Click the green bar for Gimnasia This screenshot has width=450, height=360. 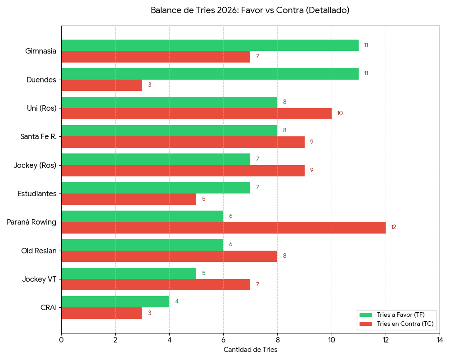tap(210, 45)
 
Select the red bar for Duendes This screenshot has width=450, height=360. tap(102, 85)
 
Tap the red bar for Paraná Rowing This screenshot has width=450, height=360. tap(223, 228)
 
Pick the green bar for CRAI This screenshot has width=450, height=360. tap(115, 301)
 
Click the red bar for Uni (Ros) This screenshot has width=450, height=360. tap(196, 113)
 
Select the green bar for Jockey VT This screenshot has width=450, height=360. tap(129, 273)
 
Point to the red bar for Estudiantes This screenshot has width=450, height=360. tap(129, 199)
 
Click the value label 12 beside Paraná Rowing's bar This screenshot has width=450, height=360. tap(394, 227)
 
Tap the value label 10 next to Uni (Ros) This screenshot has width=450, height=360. tap(340, 113)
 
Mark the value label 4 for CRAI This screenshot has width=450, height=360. tap(177, 301)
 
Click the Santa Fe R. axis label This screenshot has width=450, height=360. tap(39, 136)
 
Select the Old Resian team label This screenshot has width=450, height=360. tap(39, 251)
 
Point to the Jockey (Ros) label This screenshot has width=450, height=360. tap(35, 165)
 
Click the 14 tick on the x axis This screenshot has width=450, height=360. tap(440, 339)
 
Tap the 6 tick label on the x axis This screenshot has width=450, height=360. tap(223, 339)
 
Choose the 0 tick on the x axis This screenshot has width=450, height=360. tap(61, 339)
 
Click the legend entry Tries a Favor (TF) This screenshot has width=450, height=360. tap(400, 315)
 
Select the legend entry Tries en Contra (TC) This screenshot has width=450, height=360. tap(405, 324)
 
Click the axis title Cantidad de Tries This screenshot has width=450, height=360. tap(250, 350)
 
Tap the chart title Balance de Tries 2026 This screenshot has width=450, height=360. tap(250, 10)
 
